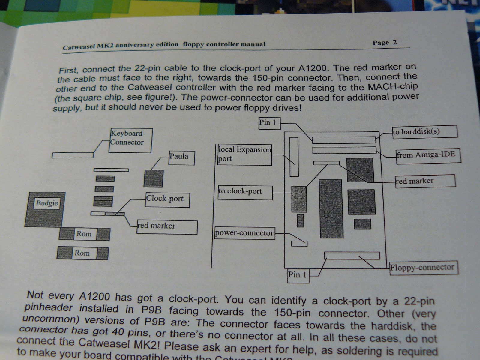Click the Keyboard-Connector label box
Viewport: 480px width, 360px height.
(x=130, y=140)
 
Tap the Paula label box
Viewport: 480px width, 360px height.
(x=181, y=158)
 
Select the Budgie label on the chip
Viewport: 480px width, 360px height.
(x=47, y=203)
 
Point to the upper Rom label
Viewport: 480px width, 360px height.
(x=84, y=234)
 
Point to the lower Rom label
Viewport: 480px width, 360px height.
(x=82, y=253)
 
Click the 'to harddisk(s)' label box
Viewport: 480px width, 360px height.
(x=425, y=132)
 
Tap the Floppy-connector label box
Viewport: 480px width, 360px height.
(x=424, y=268)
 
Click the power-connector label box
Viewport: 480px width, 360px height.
(x=244, y=233)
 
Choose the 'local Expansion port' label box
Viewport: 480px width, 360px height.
(x=244, y=154)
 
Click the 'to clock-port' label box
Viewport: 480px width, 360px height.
(x=245, y=192)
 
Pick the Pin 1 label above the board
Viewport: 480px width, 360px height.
(x=269, y=123)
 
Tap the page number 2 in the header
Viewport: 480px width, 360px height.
(x=394, y=42)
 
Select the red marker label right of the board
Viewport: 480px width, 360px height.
(x=425, y=181)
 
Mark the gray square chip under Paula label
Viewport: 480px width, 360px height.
(x=154, y=179)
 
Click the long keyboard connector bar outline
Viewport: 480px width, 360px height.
(x=73, y=155)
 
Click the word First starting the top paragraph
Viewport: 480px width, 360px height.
(x=68, y=70)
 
